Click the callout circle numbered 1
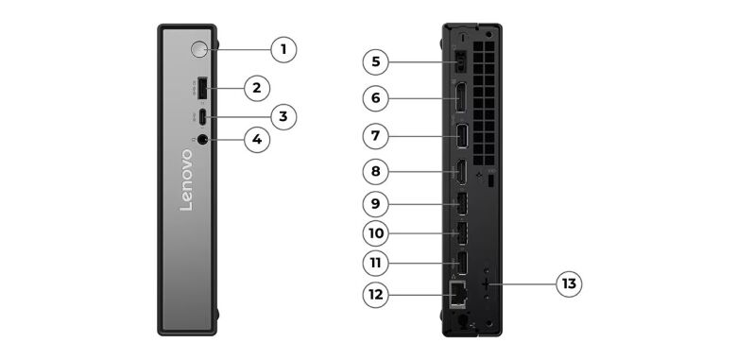(x=283, y=49)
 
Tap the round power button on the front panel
(x=199, y=49)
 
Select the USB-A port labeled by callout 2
(x=202, y=88)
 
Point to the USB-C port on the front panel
(x=202, y=117)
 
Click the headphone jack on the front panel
(x=202, y=139)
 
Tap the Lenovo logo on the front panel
(x=186, y=180)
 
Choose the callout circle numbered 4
(x=257, y=139)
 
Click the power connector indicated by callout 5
(x=461, y=61)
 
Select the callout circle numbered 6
(x=375, y=98)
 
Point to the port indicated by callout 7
(x=461, y=136)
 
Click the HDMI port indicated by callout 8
(x=461, y=172)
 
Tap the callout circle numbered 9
(x=375, y=204)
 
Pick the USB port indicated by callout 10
(x=461, y=233)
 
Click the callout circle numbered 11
(x=375, y=264)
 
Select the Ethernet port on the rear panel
(x=457, y=294)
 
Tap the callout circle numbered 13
(x=569, y=283)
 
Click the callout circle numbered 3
(x=283, y=116)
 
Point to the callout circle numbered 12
(x=375, y=295)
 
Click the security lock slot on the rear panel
(x=491, y=181)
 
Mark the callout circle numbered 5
(x=375, y=61)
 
